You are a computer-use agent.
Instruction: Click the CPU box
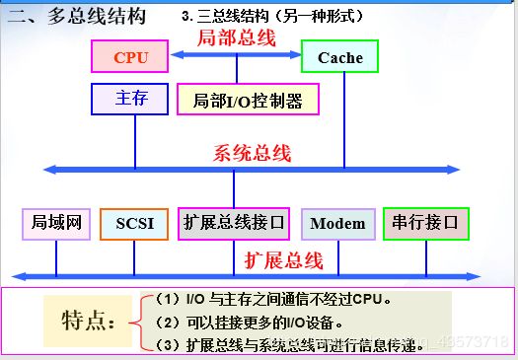130,57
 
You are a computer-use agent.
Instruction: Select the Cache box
340,57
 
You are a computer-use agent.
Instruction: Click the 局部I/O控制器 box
241,100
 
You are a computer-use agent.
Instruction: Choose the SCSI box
134,224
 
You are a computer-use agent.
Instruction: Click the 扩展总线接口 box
234,223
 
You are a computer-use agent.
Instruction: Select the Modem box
337,224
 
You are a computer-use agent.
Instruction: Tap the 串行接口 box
425,223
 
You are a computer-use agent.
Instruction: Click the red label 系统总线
252,153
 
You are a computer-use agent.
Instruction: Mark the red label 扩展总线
283,260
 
